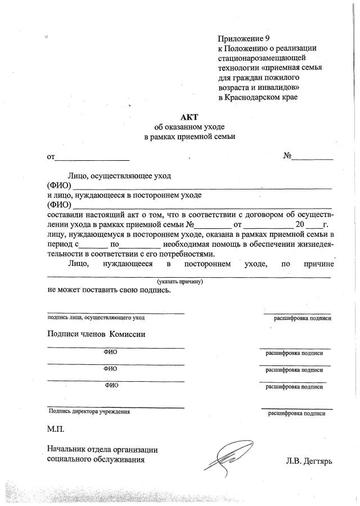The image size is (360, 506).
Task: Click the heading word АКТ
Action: [x=189, y=118]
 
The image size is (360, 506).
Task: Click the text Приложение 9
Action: [x=240, y=39]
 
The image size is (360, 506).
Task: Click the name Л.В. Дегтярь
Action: [x=309, y=462]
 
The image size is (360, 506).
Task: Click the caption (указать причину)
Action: [x=180, y=281]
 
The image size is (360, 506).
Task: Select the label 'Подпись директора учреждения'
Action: [x=89, y=412]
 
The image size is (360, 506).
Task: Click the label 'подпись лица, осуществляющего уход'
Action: [x=96, y=318]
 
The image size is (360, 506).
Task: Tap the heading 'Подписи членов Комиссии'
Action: [x=96, y=335]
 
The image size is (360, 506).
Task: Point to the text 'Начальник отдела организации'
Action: [x=102, y=449]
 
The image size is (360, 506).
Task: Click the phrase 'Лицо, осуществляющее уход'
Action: [x=119, y=176]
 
